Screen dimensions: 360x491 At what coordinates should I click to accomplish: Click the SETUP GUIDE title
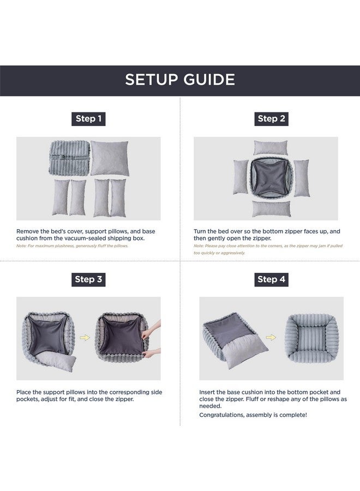[x=180, y=80]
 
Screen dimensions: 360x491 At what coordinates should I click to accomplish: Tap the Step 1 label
[x=88, y=119]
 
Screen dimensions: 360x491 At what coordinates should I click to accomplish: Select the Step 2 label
[x=272, y=119]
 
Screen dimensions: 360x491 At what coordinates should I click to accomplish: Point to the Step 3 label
[x=88, y=279]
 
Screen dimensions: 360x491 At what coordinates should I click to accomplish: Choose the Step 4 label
[x=272, y=279]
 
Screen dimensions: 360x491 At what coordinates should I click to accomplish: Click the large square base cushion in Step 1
[x=110, y=158]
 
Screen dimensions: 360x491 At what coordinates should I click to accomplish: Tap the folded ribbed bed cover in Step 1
[x=69, y=158]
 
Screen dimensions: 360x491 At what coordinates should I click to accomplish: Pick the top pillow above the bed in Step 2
[x=271, y=148]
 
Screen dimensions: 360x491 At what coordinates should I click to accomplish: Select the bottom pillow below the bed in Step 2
[x=271, y=209]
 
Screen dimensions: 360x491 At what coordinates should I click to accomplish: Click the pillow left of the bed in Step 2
[x=241, y=177]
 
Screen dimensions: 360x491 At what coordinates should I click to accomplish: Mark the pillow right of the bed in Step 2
[x=302, y=178]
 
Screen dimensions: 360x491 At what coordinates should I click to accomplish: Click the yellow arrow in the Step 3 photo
[x=85, y=338]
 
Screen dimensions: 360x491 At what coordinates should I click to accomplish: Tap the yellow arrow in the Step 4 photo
[x=271, y=337]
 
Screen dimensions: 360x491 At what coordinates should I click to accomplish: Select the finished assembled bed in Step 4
[x=312, y=338]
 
